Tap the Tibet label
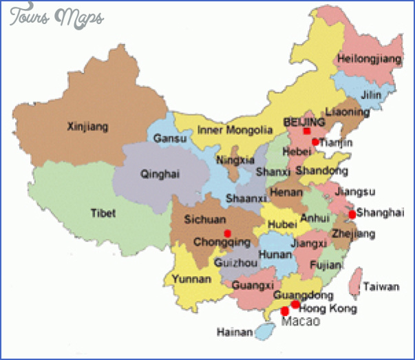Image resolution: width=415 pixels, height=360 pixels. click(x=103, y=213)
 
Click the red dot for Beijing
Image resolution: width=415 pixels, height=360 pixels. click(x=307, y=131)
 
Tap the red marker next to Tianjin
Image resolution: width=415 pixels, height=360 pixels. click(x=315, y=142)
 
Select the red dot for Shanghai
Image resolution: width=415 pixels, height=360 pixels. click(x=352, y=214)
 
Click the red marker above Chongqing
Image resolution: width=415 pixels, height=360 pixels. click(x=228, y=233)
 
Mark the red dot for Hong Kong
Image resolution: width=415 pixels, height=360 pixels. click(x=295, y=304)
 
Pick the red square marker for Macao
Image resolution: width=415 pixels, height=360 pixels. click(x=284, y=311)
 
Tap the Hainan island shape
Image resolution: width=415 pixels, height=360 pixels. click(x=264, y=332)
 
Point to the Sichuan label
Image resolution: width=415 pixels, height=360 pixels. click(x=205, y=220)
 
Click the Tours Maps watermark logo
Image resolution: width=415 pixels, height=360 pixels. click(x=56, y=17)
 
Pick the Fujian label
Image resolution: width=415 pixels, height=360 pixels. click(x=321, y=264)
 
